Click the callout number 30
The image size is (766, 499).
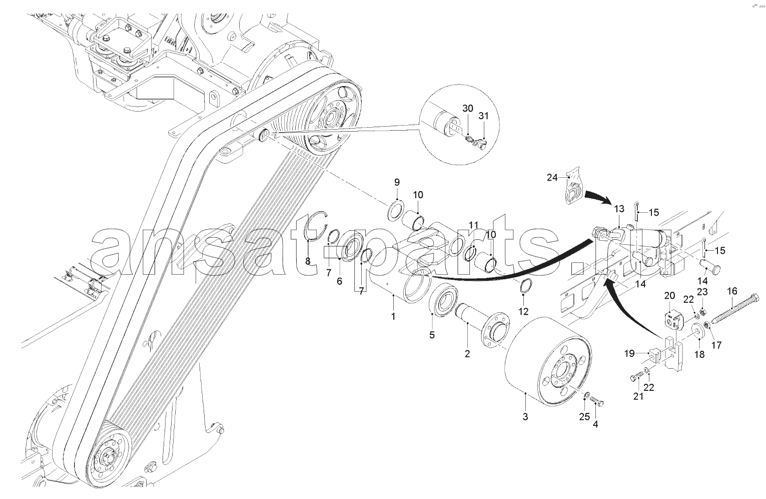[468, 109]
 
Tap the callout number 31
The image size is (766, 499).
[483, 116]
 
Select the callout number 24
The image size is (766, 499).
[552, 178]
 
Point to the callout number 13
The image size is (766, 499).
[619, 209]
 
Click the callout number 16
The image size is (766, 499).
[732, 291]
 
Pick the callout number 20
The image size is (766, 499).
[669, 295]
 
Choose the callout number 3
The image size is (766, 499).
[525, 416]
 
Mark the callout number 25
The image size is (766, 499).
[584, 416]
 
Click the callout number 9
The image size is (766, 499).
[397, 182]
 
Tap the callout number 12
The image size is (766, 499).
[523, 311]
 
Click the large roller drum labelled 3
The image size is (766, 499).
[549, 362]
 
